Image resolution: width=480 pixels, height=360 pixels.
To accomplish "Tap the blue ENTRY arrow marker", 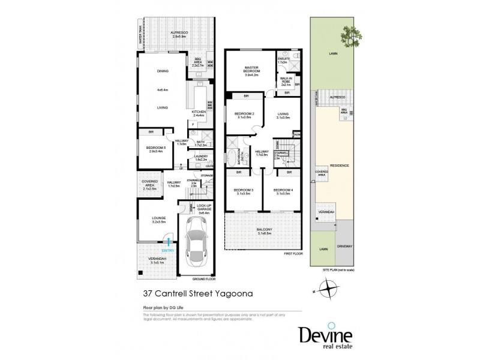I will [170, 242].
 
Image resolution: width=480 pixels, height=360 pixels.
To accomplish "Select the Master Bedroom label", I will [250, 71].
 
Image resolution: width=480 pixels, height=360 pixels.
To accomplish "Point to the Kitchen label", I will [198, 112].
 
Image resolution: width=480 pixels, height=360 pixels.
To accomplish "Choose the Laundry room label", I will [200, 157].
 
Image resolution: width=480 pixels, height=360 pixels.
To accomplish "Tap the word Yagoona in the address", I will [224, 294].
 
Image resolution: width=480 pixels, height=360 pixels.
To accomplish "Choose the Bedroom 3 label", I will [243, 191].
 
